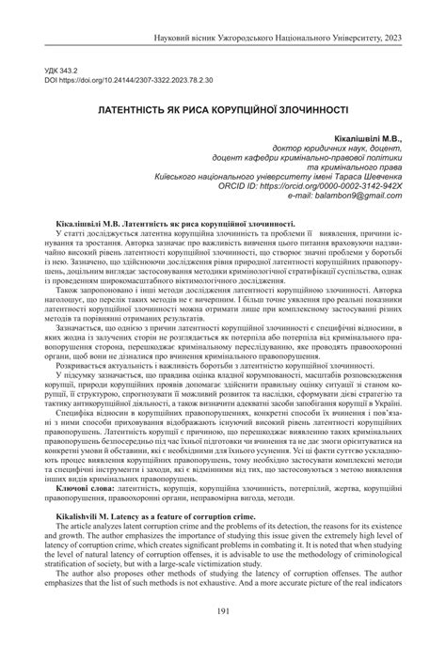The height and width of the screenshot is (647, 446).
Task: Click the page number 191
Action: point(223,611)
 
